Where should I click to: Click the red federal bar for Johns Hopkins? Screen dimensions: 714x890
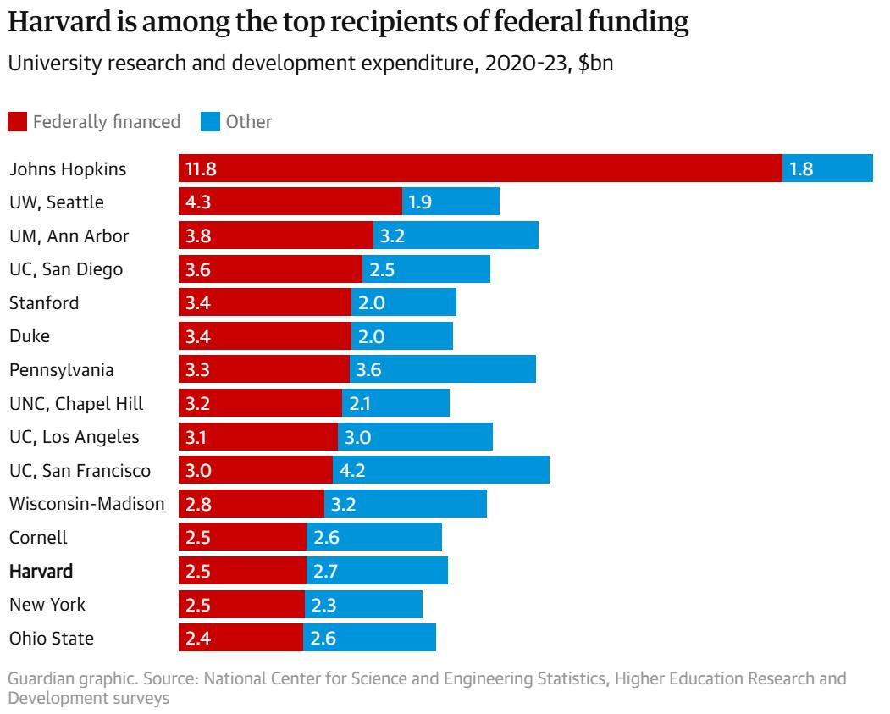(480, 168)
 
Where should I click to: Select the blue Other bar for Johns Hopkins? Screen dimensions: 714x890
(827, 168)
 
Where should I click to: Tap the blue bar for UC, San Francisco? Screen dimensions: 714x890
(440, 470)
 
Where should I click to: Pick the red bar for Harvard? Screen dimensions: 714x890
(242, 571)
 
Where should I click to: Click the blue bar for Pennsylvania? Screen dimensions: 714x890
(442, 369)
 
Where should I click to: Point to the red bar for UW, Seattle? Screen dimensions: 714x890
(290, 202)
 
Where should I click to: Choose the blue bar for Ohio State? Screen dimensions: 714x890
(369, 638)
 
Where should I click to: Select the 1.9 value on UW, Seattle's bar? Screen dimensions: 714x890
(420, 202)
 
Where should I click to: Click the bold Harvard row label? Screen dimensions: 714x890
(41, 571)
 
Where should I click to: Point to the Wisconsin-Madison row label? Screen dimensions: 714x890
(86, 504)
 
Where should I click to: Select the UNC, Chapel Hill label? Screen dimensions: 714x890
(76, 403)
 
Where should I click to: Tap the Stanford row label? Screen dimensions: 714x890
(43, 302)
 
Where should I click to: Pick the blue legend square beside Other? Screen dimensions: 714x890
(209, 122)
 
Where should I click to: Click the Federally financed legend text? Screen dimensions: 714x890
(107, 122)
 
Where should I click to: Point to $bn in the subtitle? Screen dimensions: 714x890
(595, 67)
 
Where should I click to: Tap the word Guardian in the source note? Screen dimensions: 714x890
(41, 679)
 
